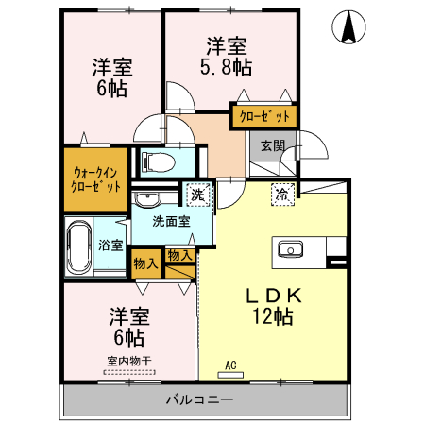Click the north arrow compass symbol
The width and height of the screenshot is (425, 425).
(349, 29)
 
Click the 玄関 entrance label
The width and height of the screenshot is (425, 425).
(272, 145)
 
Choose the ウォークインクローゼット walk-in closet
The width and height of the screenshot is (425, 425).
(94, 178)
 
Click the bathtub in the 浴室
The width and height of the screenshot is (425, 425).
(77, 246)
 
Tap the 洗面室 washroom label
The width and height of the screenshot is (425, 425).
(172, 221)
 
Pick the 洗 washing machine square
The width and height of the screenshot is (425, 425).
(197, 195)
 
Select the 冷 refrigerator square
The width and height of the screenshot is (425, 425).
(281, 194)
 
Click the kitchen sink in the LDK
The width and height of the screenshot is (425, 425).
(289, 249)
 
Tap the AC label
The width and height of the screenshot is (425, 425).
(229, 365)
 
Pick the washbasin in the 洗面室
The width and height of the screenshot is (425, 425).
(147, 200)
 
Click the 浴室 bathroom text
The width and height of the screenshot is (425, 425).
(110, 246)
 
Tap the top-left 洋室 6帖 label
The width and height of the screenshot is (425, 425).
(111, 78)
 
